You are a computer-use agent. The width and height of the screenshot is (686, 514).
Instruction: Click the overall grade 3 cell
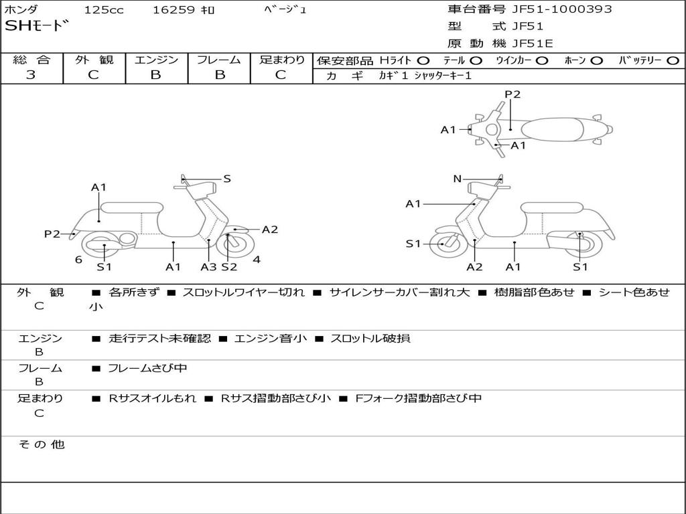[x=31, y=75]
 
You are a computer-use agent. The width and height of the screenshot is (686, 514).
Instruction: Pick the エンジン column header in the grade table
[x=156, y=60]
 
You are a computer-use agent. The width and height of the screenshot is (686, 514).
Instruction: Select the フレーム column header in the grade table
[x=218, y=60]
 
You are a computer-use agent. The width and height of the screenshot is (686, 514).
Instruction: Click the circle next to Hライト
[x=423, y=61]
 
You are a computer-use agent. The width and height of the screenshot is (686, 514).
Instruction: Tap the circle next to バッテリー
[x=673, y=61]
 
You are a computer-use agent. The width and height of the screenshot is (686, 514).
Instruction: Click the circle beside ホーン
[x=597, y=61]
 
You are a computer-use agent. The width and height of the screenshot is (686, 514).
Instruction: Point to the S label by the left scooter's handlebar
[x=227, y=179]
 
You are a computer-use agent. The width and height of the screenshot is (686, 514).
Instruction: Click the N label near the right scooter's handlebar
[x=457, y=179]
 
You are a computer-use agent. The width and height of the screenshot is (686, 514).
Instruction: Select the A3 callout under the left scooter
[x=208, y=267]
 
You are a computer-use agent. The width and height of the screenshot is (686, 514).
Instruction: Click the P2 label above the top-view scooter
[x=512, y=94]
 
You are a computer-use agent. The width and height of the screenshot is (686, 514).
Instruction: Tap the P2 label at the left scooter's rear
[x=52, y=234]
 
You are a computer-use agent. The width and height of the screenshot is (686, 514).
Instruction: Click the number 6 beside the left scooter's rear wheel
[x=78, y=260]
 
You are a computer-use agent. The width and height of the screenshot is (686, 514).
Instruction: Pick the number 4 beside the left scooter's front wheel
[x=257, y=260]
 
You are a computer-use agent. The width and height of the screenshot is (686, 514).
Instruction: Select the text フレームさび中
[x=147, y=368]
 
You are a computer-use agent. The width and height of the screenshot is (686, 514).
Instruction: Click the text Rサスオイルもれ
[x=153, y=398]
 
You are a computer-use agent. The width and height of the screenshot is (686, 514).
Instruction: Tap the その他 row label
[x=42, y=444]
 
